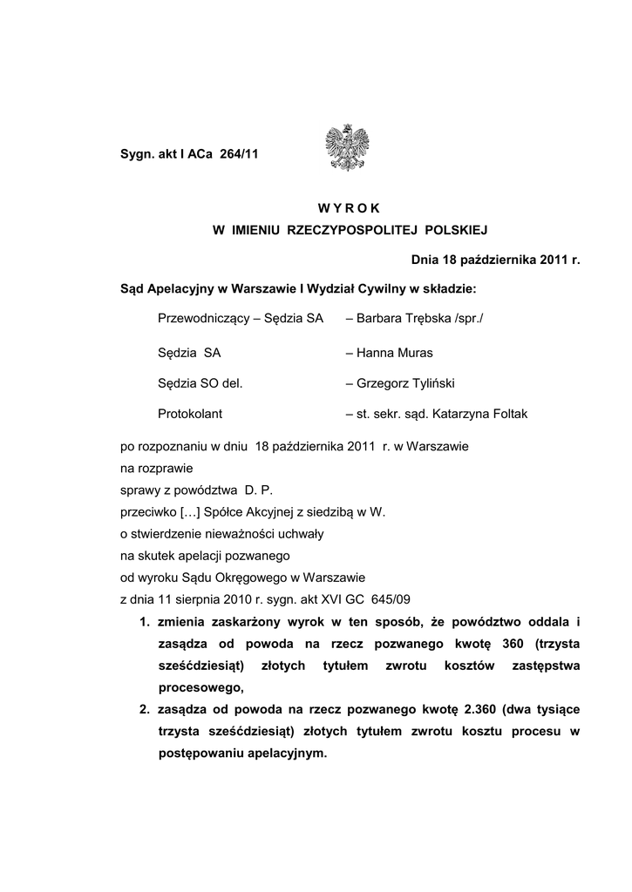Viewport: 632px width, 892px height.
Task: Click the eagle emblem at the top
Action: pyautogui.click(x=347, y=147)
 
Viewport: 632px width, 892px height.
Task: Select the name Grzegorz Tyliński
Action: pyautogui.click(x=405, y=383)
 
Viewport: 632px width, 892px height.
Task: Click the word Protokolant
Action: pyautogui.click(x=190, y=415)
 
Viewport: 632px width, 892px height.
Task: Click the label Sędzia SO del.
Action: pyautogui.click(x=200, y=383)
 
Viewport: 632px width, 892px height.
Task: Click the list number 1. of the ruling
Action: pyautogui.click(x=144, y=621)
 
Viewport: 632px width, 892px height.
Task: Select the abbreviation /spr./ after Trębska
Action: pyautogui.click(x=468, y=319)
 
